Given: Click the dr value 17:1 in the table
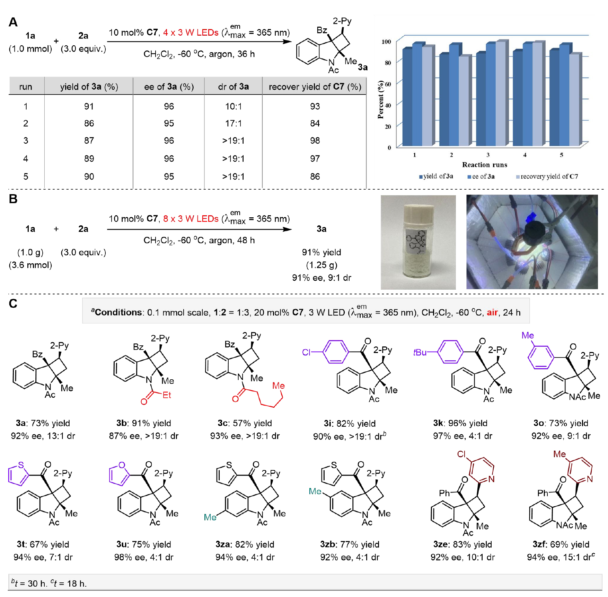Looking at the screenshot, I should click(233, 124).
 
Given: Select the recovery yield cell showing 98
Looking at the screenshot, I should click(315, 141).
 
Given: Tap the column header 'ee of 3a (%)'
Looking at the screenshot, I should click(169, 87).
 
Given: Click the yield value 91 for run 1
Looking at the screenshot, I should click(89, 107).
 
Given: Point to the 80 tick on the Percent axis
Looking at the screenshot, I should click(388, 63).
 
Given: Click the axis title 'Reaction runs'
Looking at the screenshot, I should click(484, 165).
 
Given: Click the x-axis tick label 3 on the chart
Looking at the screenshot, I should click(488, 155).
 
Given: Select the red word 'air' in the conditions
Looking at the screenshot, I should click(492, 313).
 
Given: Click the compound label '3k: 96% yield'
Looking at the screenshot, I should click(460, 423).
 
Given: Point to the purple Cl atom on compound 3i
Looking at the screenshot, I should click(306, 352).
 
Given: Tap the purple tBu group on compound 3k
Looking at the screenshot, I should click(420, 352).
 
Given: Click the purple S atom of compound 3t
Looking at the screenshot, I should click(21, 465).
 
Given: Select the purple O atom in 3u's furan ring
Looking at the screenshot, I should click(122, 465).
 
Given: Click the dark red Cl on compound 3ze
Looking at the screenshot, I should click(461, 454).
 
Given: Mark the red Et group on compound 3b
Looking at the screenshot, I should click(167, 395).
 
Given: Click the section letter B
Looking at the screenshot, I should click(13, 199).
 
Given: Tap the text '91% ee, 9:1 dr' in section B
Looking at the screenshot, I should click(321, 278).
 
